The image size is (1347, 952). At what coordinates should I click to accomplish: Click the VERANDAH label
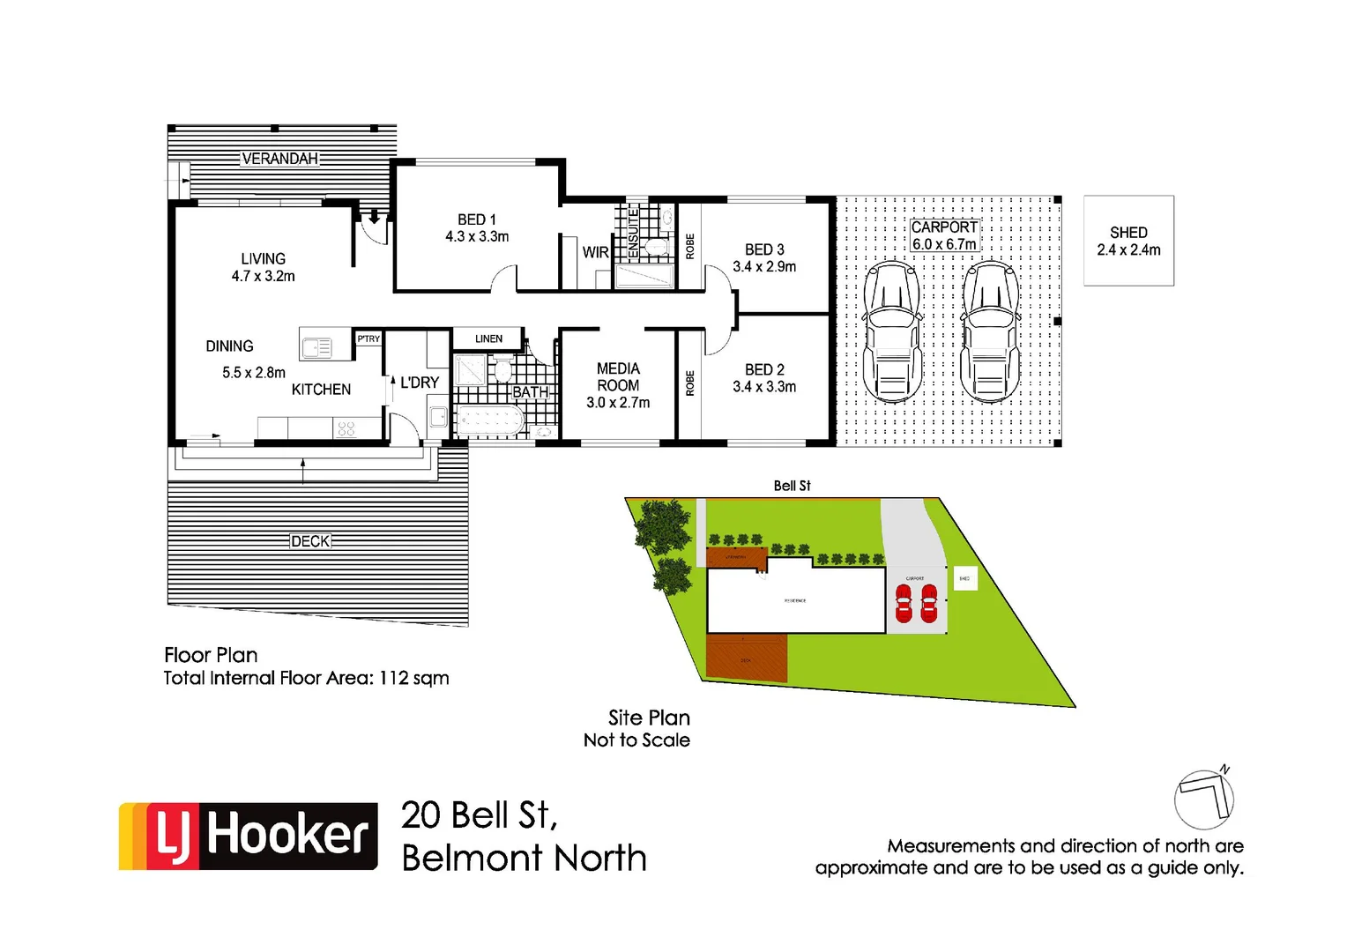279,159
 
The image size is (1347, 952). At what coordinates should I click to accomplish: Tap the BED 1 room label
477,219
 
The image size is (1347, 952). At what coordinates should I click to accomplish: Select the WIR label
595,252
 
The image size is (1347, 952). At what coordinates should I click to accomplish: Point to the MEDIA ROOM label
618,377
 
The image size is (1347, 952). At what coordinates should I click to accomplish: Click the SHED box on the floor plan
1128,241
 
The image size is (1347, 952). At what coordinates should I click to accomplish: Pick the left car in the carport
892,331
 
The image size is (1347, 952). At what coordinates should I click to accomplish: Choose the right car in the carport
990,331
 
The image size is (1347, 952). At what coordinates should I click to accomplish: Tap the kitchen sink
316,348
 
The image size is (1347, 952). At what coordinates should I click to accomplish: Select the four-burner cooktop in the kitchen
346,428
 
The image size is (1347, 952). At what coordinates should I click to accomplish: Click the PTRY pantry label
368,338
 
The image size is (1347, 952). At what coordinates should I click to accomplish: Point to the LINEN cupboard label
488,338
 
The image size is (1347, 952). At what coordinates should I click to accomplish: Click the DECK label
310,541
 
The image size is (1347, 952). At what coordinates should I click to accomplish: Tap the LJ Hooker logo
249,836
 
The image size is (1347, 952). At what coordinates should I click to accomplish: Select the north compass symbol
1204,797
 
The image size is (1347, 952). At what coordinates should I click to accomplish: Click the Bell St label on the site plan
792,486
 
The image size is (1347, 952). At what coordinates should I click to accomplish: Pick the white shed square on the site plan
965,578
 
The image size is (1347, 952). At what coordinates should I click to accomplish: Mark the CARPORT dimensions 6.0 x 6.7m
944,244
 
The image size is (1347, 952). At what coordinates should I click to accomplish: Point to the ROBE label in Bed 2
690,383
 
